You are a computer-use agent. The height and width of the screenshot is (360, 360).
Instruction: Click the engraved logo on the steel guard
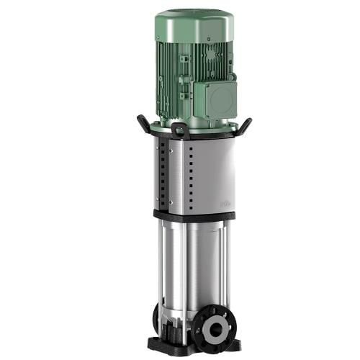click(x=225, y=204)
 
